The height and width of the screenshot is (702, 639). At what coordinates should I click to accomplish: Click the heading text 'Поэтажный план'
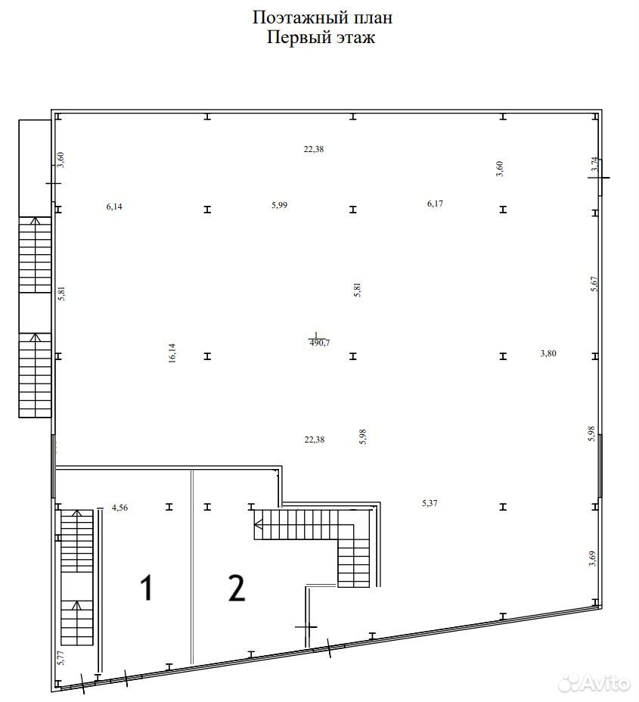click(x=322, y=18)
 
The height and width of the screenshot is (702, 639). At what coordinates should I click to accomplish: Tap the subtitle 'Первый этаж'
click(x=321, y=37)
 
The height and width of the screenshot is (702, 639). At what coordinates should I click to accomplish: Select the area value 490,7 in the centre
click(x=319, y=343)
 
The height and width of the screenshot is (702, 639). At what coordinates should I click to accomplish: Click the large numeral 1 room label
click(x=147, y=588)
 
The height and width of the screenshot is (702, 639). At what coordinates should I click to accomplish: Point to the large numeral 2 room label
click(x=237, y=588)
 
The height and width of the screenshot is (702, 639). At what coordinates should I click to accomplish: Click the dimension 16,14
click(x=172, y=353)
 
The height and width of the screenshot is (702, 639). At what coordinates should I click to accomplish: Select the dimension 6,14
click(x=114, y=207)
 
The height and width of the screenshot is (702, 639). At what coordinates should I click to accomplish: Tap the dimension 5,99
click(x=279, y=205)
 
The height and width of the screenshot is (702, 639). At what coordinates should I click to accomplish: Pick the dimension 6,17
click(x=435, y=203)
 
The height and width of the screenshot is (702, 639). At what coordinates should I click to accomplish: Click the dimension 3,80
click(x=548, y=353)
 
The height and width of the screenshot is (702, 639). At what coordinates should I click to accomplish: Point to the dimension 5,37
click(x=430, y=503)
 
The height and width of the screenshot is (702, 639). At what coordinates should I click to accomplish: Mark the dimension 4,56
click(x=119, y=508)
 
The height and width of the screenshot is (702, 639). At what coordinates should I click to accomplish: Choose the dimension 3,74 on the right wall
click(x=594, y=164)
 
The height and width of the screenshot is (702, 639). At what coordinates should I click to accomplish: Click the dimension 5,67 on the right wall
click(x=594, y=284)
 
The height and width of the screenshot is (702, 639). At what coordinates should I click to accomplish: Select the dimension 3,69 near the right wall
click(x=592, y=558)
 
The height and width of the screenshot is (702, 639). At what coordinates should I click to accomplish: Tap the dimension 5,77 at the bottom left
click(x=62, y=658)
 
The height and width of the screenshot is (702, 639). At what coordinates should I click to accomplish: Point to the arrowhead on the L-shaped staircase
click(x=257, y=523)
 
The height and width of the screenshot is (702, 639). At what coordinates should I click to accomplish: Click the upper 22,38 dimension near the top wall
click(x=314, y=150)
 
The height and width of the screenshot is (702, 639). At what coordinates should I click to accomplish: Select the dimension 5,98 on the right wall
click(x=591, y=433)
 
